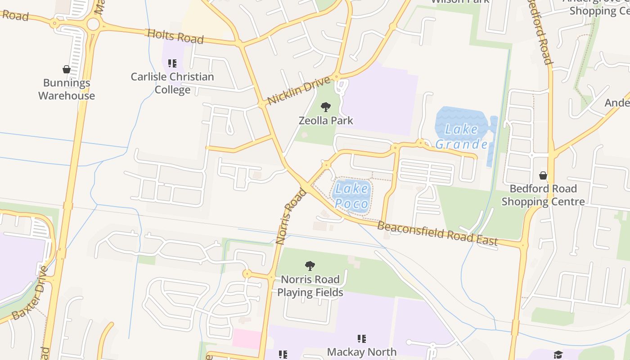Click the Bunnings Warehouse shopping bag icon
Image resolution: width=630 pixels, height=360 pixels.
[67, 69]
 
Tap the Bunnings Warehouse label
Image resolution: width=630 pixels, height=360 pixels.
[67, 89]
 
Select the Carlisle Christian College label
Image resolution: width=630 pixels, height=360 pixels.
[172, 83]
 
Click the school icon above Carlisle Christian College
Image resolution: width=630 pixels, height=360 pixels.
[172, 63]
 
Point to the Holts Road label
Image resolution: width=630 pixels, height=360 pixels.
[175, 36]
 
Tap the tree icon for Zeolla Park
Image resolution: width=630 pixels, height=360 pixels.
[326, 107]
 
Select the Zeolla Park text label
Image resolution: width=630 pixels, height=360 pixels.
[326, 121]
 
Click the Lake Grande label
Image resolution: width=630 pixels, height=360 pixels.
[462, 137]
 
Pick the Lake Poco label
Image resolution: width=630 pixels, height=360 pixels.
[352, 196]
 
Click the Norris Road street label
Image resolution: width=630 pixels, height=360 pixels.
[291, 216]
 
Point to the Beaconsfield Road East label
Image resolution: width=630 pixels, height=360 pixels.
[437, 234]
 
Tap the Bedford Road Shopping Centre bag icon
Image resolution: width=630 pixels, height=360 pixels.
[543, 175]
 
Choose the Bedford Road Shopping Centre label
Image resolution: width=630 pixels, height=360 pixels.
[543, 195]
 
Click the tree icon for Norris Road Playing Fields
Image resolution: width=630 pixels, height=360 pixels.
[310, 266]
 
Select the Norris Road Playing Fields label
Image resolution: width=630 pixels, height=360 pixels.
[310, 286]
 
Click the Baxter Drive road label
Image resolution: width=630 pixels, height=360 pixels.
[30, 293]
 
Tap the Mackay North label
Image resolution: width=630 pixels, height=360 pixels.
[362, 352]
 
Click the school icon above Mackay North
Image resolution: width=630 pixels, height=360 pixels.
[362, 338]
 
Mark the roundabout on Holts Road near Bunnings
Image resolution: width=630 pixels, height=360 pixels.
[93, 24]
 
